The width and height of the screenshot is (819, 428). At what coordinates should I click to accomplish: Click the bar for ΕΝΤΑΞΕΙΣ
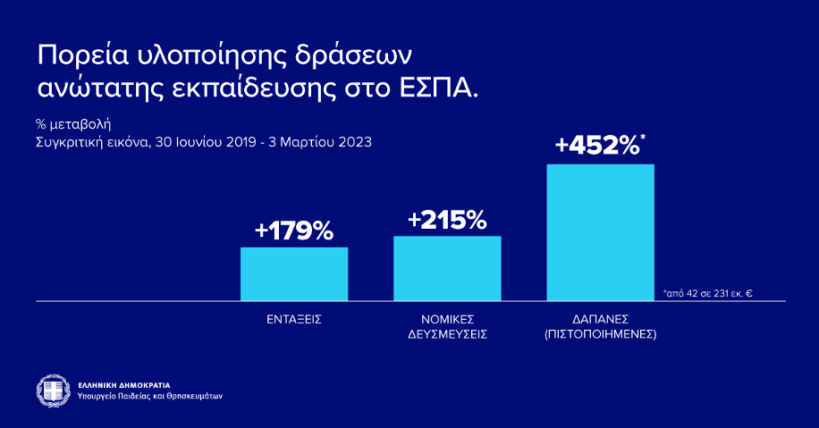(293, 273)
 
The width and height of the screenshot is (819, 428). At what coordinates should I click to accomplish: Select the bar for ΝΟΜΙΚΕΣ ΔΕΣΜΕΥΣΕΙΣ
(447, 268)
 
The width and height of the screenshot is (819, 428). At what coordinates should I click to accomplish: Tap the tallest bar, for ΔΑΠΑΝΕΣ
(600, 232)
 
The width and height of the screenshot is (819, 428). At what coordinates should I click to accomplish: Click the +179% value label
(293, 231)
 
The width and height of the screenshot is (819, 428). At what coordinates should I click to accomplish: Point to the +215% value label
(446, 220)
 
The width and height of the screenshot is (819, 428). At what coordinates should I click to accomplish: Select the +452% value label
(595, 146)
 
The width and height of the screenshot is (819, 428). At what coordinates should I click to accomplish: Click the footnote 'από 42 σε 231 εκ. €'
(707, 292)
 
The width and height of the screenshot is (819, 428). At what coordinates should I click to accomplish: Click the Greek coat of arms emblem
(53, 389)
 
